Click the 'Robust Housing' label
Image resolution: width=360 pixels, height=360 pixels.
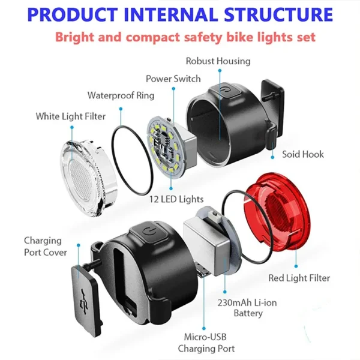click(218, 61)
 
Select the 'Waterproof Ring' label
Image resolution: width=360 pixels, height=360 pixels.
click(121, 95)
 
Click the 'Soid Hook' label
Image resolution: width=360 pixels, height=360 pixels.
click(303, 154)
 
